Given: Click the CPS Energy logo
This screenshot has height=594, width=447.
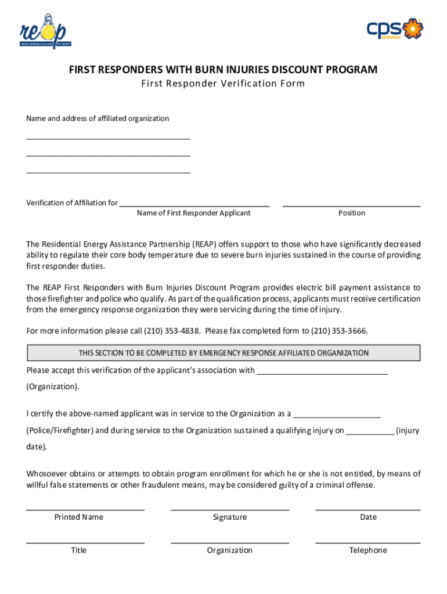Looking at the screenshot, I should coord(395,28).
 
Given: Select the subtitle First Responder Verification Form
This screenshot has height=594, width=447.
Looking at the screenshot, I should coord(223,84).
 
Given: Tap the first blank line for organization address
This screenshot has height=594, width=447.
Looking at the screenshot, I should coord(108,139).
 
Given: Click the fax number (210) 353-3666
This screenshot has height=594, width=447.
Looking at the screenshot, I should coord(339,331).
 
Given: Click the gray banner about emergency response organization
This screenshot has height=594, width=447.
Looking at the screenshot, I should coord(223,353).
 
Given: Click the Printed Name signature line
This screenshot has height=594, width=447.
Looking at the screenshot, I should coord(85,509).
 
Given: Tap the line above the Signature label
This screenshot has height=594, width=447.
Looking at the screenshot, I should coord(230,509).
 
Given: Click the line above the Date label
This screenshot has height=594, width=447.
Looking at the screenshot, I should coord(368,509).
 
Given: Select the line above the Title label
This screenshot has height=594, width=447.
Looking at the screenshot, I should coord(85,542).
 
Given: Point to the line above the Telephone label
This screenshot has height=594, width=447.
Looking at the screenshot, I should coord(368,542).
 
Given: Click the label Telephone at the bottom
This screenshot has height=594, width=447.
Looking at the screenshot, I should coord(368,550).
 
